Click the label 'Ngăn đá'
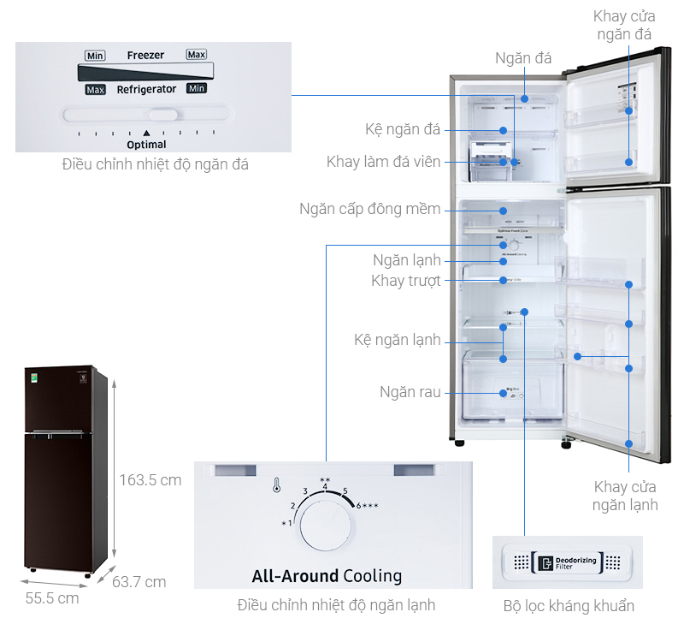(x=522, y=58)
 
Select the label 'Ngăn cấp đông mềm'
(x=370, y=209)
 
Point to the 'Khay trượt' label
(x=406, y=281)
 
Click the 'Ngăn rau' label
(x=410, y=392)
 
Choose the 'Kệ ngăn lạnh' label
(x=398, y=340)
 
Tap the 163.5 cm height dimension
(x=150, y=480)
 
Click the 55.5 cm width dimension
(x=50, y=597)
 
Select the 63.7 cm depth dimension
(x=139, y=582)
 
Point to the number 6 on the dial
(x=359, y=505)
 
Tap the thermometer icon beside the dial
(x=276, y=486)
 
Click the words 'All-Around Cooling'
(x=327, y=575)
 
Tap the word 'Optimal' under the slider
(x=146, y=145)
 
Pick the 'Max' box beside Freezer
(x=197, y=55)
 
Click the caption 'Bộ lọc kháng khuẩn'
(x=569, y=606)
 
